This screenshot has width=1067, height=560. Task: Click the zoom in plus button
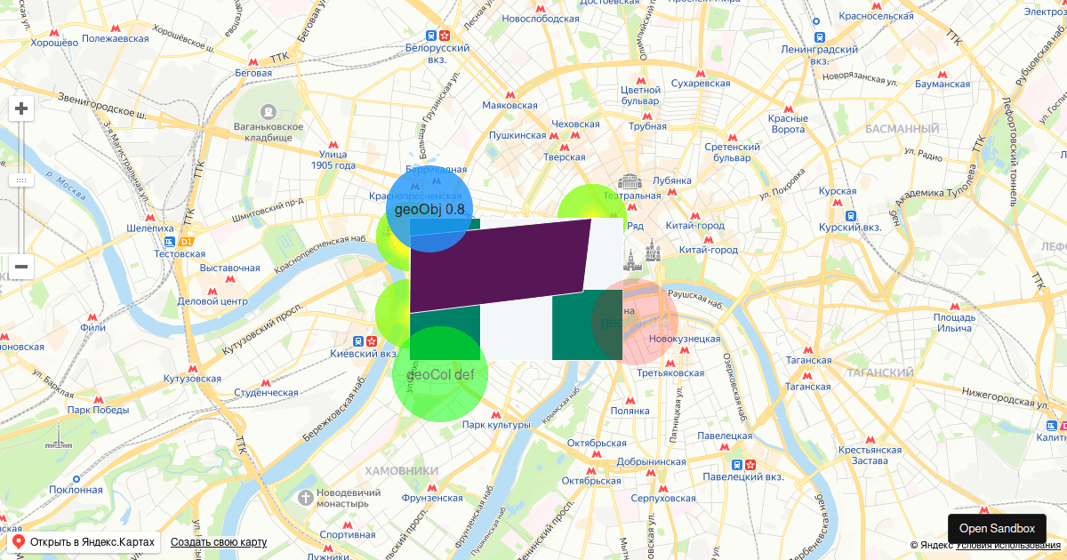[21, 109]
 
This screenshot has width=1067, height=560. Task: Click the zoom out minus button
[21, 266]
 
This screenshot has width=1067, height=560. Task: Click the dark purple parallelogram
[498, 264]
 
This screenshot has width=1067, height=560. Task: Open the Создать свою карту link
[219, 542]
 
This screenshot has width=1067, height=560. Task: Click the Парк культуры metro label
[495, 425]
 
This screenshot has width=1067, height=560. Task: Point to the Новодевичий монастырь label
[336, 498]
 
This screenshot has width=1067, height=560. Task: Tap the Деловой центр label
[212, 301]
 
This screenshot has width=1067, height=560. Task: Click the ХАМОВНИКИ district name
[402, 470]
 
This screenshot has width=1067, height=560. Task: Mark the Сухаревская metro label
[701, 84]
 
